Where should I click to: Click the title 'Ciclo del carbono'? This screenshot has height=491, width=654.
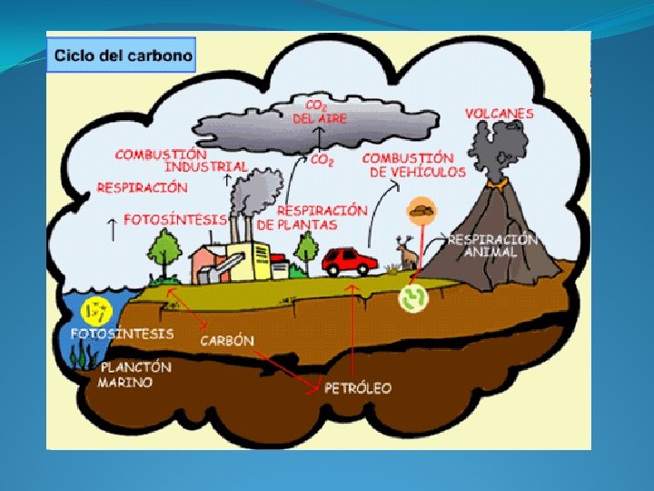point(124,55)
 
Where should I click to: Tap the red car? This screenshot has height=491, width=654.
point(350,261)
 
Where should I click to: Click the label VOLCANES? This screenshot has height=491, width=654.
point(500,114)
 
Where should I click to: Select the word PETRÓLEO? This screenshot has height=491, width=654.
point(358,388)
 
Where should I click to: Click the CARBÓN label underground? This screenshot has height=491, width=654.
point(226,341)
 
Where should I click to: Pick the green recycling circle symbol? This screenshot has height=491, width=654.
point(414,298)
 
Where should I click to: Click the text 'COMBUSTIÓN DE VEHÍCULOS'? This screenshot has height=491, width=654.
point(413,165)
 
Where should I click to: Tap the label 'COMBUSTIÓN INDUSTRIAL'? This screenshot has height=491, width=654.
point(182,160)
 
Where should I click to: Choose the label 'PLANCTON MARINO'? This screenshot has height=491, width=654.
point(134,375)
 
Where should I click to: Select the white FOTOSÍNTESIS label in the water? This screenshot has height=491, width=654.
point(122,334)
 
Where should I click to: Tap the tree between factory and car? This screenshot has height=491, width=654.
point(308,248)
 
